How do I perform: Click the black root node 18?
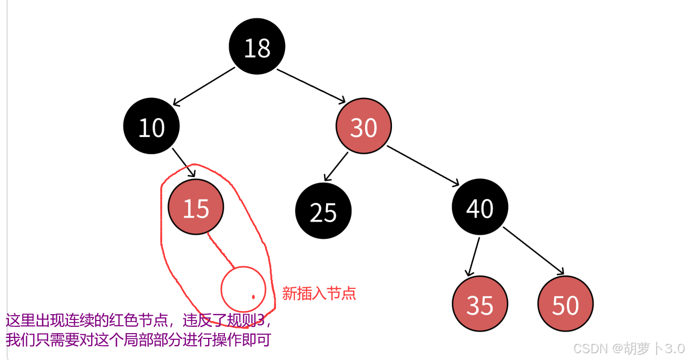(x=257, y=46)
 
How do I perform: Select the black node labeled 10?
(x=151, y=127)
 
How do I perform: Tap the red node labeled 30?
(x=364, y=127)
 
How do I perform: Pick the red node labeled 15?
(x=196, y=207)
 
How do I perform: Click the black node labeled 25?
(x=323, y=211)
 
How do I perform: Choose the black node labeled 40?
(x=479, y=207)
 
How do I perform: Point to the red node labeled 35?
(x=479, y=304)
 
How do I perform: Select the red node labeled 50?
(x=565, y=304)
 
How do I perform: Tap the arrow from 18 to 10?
(x=203, y=86)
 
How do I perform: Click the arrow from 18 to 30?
(x=311, y=85)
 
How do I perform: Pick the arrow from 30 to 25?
(x=336, y=166)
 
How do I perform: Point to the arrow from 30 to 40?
(x=423, y=166)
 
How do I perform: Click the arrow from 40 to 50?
(x=533, y=250)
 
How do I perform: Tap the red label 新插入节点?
(x=319, y=294)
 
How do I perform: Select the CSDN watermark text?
(x=629, y=348)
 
